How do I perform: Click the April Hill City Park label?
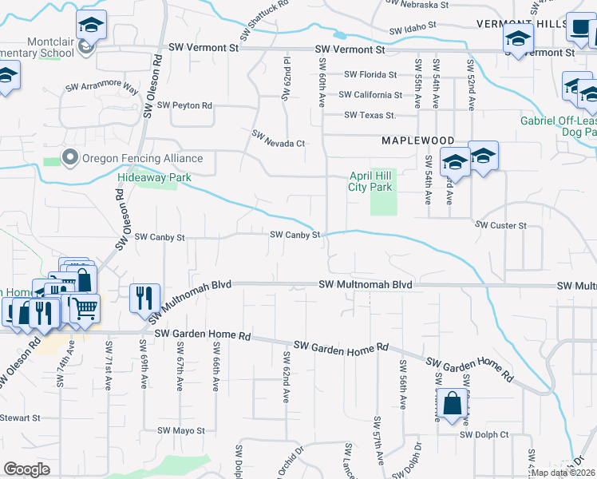[370, 182]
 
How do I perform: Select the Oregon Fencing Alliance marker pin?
[70, 157]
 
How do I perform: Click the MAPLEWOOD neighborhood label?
[412, 141]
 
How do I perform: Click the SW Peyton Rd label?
[184, 105]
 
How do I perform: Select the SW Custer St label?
[500, 226]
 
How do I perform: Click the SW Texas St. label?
[370, 116]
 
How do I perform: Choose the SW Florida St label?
[370, 75]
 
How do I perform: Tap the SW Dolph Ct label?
[484, 434]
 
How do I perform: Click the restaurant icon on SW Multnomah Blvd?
[144, 298]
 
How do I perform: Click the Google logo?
[26, 469]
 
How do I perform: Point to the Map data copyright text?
[562, 473]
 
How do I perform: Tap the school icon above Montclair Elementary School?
[92, 26]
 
